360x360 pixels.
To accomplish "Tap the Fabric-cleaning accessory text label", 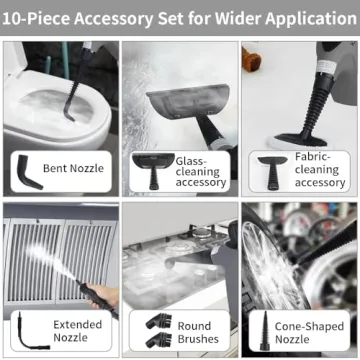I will click(x=320, y=170).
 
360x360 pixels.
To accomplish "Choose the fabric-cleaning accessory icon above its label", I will click(x=272, y=162).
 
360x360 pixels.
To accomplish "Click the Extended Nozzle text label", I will click(x=78, y=331).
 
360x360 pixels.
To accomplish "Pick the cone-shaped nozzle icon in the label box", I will click(x=267, y=329).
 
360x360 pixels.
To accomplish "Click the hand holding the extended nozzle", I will click(x=100, y=295).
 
